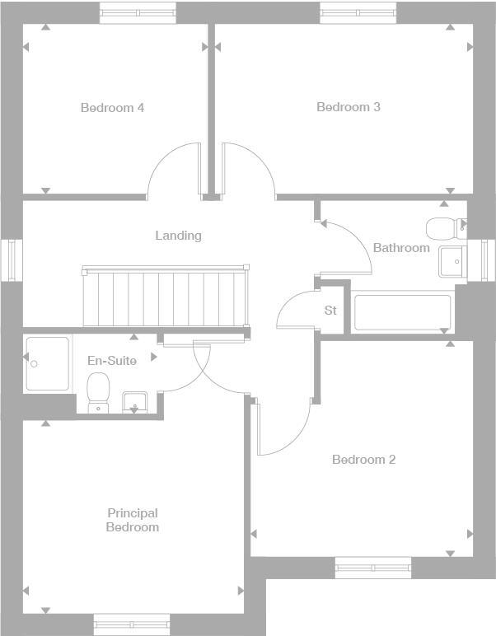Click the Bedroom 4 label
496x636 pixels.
point(112,108)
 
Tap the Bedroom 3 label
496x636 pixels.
point(348,107)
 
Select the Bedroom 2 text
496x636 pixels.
point(363,460)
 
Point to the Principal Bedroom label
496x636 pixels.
point(132,521)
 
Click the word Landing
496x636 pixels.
point(178,236)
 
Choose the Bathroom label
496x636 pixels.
point(401,248)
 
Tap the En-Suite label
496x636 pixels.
point(112,361)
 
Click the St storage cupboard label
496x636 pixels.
point(330,311)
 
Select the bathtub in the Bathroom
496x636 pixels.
point(402,312)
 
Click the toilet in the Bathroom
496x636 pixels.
point(444,227)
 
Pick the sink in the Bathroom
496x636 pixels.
point(452,261)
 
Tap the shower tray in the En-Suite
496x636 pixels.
point(48,362)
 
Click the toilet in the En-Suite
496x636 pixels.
point(99,388)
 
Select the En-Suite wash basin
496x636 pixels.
point(135,402)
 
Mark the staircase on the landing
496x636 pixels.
point(165,297)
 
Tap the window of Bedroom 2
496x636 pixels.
point(372,568)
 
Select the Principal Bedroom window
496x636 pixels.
point(132,624)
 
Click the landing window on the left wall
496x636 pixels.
point(12,260)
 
